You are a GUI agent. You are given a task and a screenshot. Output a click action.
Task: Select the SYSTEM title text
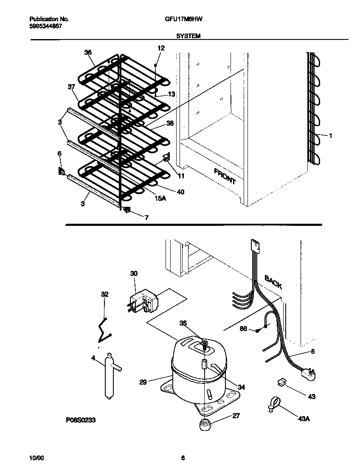[x=188, y=37]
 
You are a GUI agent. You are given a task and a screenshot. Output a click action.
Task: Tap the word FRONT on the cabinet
[x=225, y=176]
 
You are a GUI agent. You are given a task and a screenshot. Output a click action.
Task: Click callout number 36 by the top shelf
[x=88, y=52]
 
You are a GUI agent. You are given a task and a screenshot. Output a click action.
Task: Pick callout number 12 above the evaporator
[x=160, y=48]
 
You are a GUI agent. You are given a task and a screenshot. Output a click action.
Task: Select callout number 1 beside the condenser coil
[x=330, y=135]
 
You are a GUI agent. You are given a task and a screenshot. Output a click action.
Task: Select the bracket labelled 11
[x=166, y=159]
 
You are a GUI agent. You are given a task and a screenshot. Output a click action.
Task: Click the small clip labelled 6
[x=61, y=172]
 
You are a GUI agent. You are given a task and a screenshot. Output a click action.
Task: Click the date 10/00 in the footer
[x=36, y=458]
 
